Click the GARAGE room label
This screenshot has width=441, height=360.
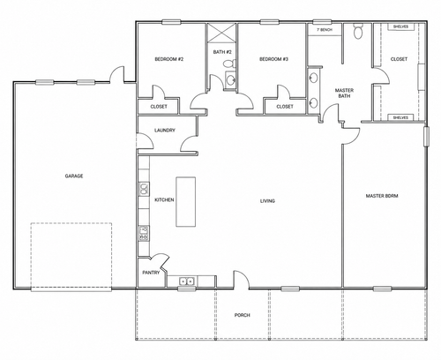pos(74,176)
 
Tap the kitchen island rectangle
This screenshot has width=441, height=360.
pos(186,202)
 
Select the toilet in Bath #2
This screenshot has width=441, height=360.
pos(229,64)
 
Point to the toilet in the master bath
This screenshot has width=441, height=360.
pos(358,31)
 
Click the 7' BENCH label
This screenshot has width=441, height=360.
pos(325,30)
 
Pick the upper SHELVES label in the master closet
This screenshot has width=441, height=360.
pos(400,26)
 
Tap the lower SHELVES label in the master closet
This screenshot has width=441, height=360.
pos(400,117)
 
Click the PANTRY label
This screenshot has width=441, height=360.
pos(151,273)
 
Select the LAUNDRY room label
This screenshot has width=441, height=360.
pos(165,130)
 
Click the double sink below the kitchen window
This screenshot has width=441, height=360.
pos(187,281)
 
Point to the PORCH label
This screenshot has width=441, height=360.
pos(243,315)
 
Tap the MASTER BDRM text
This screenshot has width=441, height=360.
pos(382,196)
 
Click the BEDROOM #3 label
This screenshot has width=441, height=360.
pos(273,59)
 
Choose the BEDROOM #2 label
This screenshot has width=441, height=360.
pos(169,59)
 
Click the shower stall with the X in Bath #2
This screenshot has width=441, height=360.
pos(221,33)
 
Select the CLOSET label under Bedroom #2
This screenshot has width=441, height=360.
pos(159,107)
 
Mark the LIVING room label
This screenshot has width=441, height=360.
pos(267,201)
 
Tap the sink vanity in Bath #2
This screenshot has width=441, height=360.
pos(230,79)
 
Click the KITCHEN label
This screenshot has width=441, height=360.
pos(164,199)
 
